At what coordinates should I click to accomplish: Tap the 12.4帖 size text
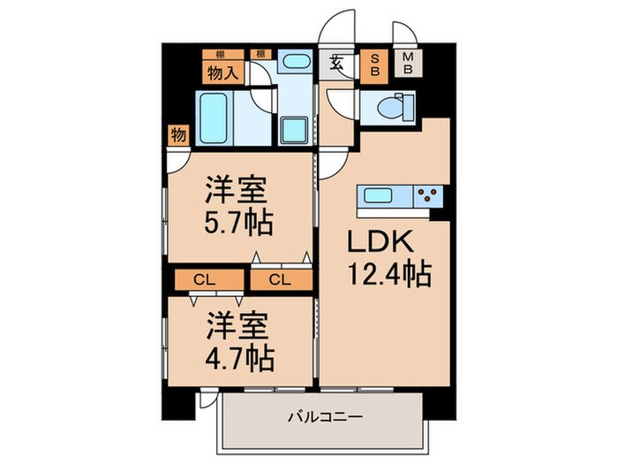[x=386, y=276]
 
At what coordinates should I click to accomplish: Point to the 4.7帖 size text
[x=238, y=358]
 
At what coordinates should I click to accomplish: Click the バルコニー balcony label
[x=326, y=415]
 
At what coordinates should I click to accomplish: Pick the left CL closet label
[x=205, y=280]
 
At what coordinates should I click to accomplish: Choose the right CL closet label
[x=280, y=280]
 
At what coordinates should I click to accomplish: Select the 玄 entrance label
[x=338, y=63]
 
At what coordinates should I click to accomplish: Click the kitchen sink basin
[x=378, y=194]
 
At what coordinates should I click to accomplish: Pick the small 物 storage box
[x=177, y=134]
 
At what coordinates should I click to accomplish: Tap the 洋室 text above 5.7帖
[x=236, y=187]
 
